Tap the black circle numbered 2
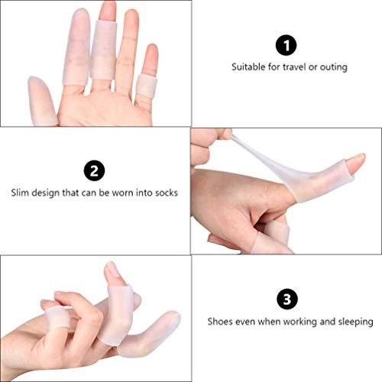[x=95, y=169]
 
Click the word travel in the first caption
[x=290, y=67]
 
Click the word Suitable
[x=249, y=67]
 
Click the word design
[x=48, y=193]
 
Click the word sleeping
[x=354, y=322]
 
